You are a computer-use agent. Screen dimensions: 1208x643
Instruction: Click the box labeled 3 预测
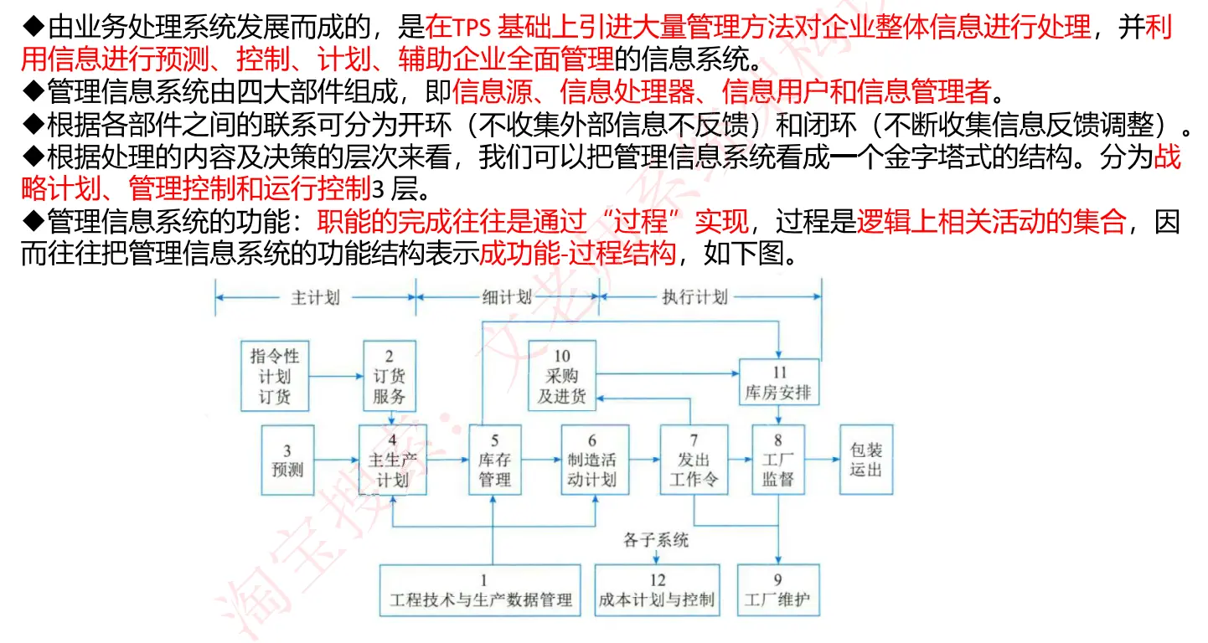click(287, 460)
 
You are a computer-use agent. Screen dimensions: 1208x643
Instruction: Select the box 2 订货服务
click(389, 376)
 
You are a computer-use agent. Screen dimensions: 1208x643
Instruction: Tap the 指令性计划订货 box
click(275, 376)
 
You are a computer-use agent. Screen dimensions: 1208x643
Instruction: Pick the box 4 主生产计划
click(393, 460)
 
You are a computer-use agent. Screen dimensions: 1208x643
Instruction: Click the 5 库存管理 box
click(494, 460)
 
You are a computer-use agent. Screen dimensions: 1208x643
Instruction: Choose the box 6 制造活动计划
click(595, 460)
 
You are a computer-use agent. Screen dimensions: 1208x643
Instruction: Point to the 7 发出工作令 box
click(694, 460)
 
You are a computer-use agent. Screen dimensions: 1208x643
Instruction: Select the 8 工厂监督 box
click(778, 460)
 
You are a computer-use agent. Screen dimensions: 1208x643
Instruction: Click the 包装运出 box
click(866, 460)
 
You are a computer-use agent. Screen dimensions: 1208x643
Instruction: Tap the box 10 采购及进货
click(562, 376)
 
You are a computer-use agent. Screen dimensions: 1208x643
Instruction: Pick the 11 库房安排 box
click(779, 382)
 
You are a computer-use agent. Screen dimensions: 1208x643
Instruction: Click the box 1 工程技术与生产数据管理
click(480, 590)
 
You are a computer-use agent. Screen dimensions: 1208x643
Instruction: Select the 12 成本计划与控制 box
click(657, 590)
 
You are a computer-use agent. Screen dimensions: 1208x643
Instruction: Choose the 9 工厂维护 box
click(778, 590)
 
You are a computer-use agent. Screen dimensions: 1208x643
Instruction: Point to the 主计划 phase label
click(316, 297)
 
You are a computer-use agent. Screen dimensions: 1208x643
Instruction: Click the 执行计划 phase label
click(695, 297)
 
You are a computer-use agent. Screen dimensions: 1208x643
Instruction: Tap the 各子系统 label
click(656, 539)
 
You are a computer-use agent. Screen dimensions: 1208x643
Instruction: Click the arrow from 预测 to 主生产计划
click(337, 460)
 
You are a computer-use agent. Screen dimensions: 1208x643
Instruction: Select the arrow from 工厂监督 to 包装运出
click(823, 460)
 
